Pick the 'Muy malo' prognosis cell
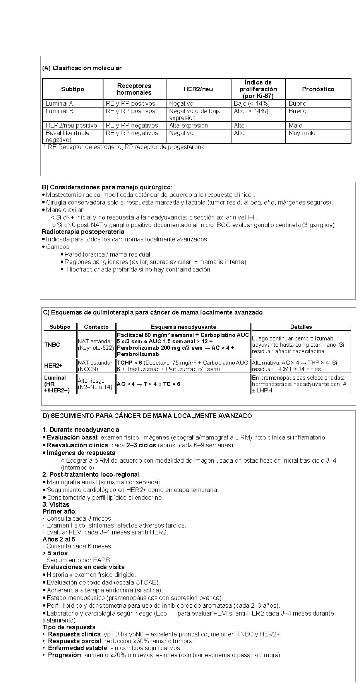(302, 133)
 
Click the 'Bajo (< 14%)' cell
(251, 104)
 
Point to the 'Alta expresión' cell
(188, 125)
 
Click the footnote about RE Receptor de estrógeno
(124, 147)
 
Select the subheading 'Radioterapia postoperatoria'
(83, 232)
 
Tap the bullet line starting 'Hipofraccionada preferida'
(138, 269)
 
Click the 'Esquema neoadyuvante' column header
(183, 327)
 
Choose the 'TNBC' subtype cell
(52, 345)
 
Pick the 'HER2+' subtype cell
(53, 366)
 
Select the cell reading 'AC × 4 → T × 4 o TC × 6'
(148, 384)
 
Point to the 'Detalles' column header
(301, 327)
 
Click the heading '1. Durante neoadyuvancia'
(81, 430)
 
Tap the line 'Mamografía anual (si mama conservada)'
(104, 482)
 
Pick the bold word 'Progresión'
(64, 655)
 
